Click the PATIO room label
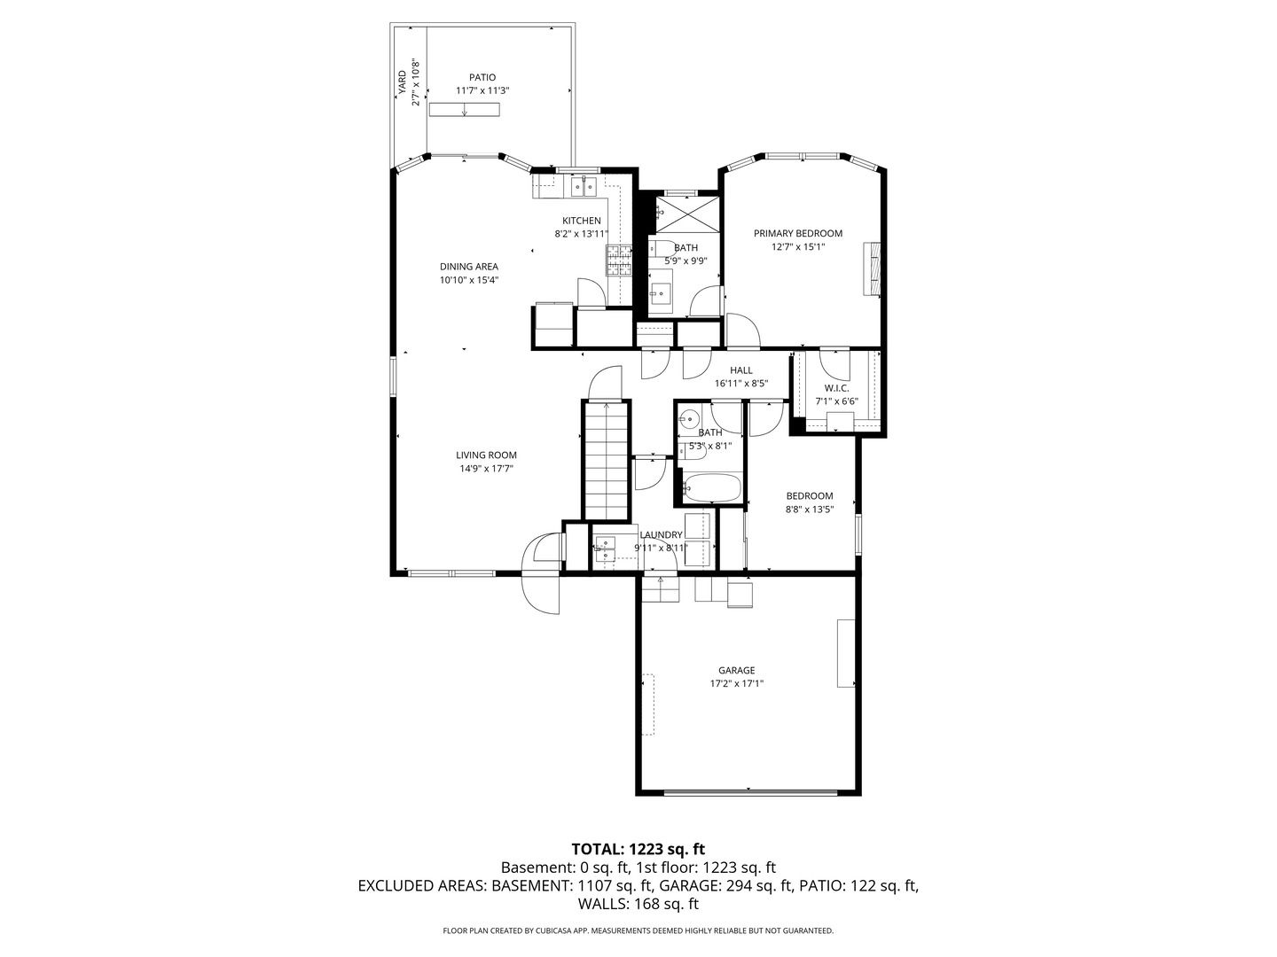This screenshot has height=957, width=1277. (x=482, y=77)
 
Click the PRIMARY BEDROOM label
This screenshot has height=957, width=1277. (x=797, y=234)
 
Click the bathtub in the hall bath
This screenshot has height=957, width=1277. (x=711, y=488)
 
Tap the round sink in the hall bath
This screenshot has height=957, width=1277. (x=689, y=418)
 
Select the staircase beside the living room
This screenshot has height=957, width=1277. (x=607, y=461)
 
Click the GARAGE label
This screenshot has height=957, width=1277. (x=737, y=670)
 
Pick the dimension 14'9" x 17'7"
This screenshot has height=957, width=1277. (x=486, y=469)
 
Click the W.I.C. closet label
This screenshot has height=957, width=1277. (x=836, y=388)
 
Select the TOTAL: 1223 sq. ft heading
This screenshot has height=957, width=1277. (x=638, y=850)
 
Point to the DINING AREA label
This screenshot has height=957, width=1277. (x=469, y=267)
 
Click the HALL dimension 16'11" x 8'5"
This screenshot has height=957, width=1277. (x=741, y=384)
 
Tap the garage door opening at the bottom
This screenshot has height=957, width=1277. (x=750, y=791)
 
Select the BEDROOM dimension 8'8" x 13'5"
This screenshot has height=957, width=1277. (x=810, y=510)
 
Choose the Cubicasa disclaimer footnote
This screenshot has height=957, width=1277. (x=638, y=930)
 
